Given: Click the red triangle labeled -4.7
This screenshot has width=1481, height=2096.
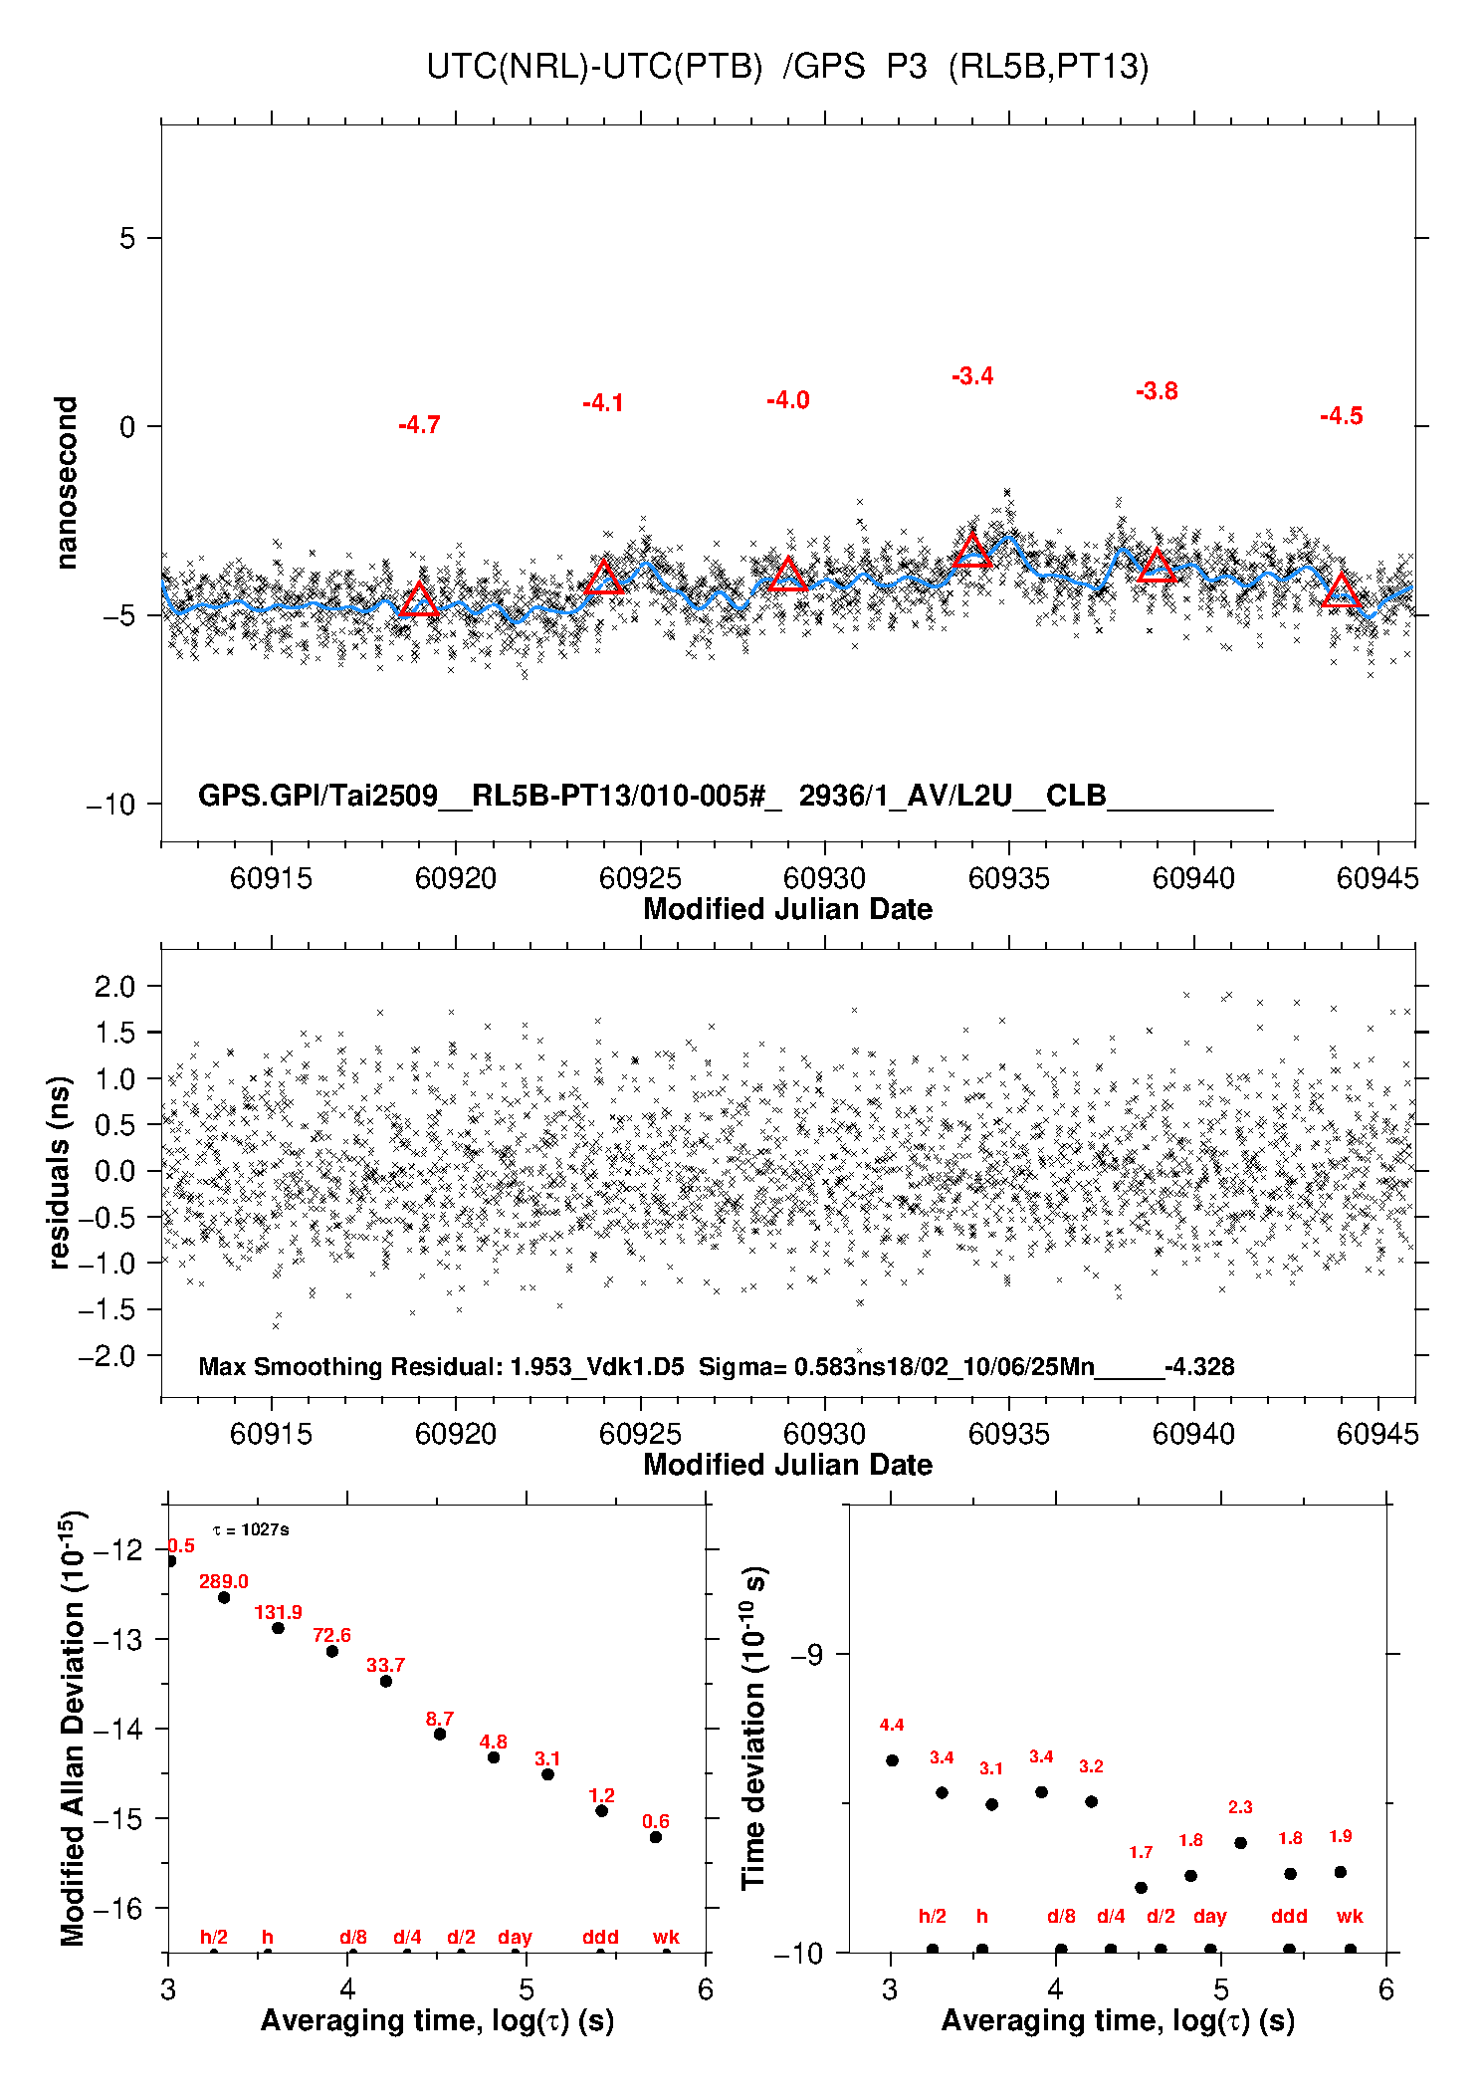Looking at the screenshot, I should coord(419,599).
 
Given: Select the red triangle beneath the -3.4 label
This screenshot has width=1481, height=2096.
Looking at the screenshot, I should coord(972,551).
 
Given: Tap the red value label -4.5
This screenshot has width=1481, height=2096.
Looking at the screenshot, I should coord(1341,416).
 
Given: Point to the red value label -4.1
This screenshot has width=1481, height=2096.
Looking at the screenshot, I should coord(603,403).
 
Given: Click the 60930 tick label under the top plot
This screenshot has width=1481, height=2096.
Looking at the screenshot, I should coord(824,878).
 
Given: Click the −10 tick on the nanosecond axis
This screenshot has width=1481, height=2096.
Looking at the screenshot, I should coord(110,805).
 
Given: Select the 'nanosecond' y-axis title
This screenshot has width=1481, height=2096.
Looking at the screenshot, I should coord(67,483).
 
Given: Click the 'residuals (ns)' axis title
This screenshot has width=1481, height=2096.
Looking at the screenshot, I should coord(60,1172).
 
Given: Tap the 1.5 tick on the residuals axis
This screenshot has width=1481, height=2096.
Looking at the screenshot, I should coord(114,1033).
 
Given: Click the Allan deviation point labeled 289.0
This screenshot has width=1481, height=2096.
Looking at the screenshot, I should coord(224,1597).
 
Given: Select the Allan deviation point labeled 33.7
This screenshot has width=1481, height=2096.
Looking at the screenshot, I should coord(386,1681).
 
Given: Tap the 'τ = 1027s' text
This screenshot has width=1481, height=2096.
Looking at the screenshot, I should coord(251,1530).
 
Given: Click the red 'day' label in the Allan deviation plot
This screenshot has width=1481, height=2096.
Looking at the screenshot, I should coord(515,1937).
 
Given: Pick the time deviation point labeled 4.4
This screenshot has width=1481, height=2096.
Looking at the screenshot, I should coord(892,1760).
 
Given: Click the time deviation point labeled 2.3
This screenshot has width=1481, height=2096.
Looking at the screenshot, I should coord(1240,1843).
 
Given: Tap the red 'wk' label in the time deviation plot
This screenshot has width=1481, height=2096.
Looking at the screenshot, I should coord(1350,1916).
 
